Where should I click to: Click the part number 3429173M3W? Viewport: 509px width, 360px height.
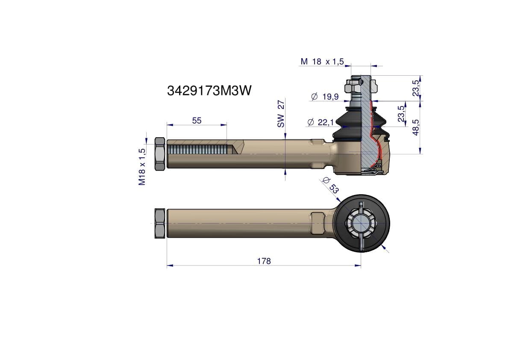209,91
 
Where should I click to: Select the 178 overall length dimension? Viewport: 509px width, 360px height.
264,261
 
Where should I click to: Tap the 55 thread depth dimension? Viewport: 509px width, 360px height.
197,121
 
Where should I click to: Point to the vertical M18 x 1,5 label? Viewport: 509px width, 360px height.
142,167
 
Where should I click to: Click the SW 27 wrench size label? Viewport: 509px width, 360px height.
281,114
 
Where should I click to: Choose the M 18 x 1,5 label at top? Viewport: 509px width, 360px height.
322,61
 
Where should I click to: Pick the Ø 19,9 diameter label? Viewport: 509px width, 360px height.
325,96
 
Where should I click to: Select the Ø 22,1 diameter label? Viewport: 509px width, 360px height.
321,122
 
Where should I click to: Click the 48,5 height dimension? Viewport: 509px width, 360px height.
416,127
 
